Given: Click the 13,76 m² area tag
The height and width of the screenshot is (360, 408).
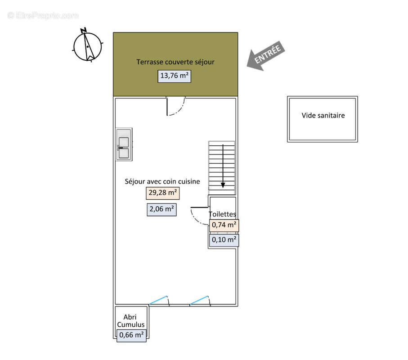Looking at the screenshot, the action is tap(175, 76).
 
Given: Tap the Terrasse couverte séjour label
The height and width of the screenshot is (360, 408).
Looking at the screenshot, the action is tap(175, 62).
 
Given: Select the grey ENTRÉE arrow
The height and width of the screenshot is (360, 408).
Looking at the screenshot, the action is tap(266, 56).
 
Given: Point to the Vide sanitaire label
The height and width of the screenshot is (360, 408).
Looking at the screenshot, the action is tap(323, 115).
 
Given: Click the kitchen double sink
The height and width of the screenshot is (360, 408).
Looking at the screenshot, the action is tap(124, 144).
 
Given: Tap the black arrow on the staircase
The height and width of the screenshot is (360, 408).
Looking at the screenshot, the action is tap(223, 166).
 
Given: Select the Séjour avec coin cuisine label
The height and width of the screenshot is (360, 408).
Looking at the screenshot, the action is tap(162, 181).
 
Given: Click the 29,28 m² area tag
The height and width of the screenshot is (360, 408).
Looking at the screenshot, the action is tap(163, 193).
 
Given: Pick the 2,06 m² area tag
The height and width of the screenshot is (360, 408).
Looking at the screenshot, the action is tap(161, 209).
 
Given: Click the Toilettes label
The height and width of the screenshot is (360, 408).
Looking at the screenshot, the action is tap(223, 214).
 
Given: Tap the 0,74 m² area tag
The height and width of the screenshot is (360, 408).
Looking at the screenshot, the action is tap(224, 225).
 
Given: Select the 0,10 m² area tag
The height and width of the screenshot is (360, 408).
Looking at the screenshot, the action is tap(224, 240).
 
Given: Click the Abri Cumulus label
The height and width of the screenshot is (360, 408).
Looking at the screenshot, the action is tap(130, 321).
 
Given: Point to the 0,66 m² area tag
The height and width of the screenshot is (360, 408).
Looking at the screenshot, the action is tap(131, 335).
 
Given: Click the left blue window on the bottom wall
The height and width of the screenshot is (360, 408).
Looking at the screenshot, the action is tap(158, 300).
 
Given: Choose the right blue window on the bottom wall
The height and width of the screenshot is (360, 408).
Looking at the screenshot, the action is tap(199, 300).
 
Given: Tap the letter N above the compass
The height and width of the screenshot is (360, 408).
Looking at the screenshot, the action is tap(83, 31).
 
